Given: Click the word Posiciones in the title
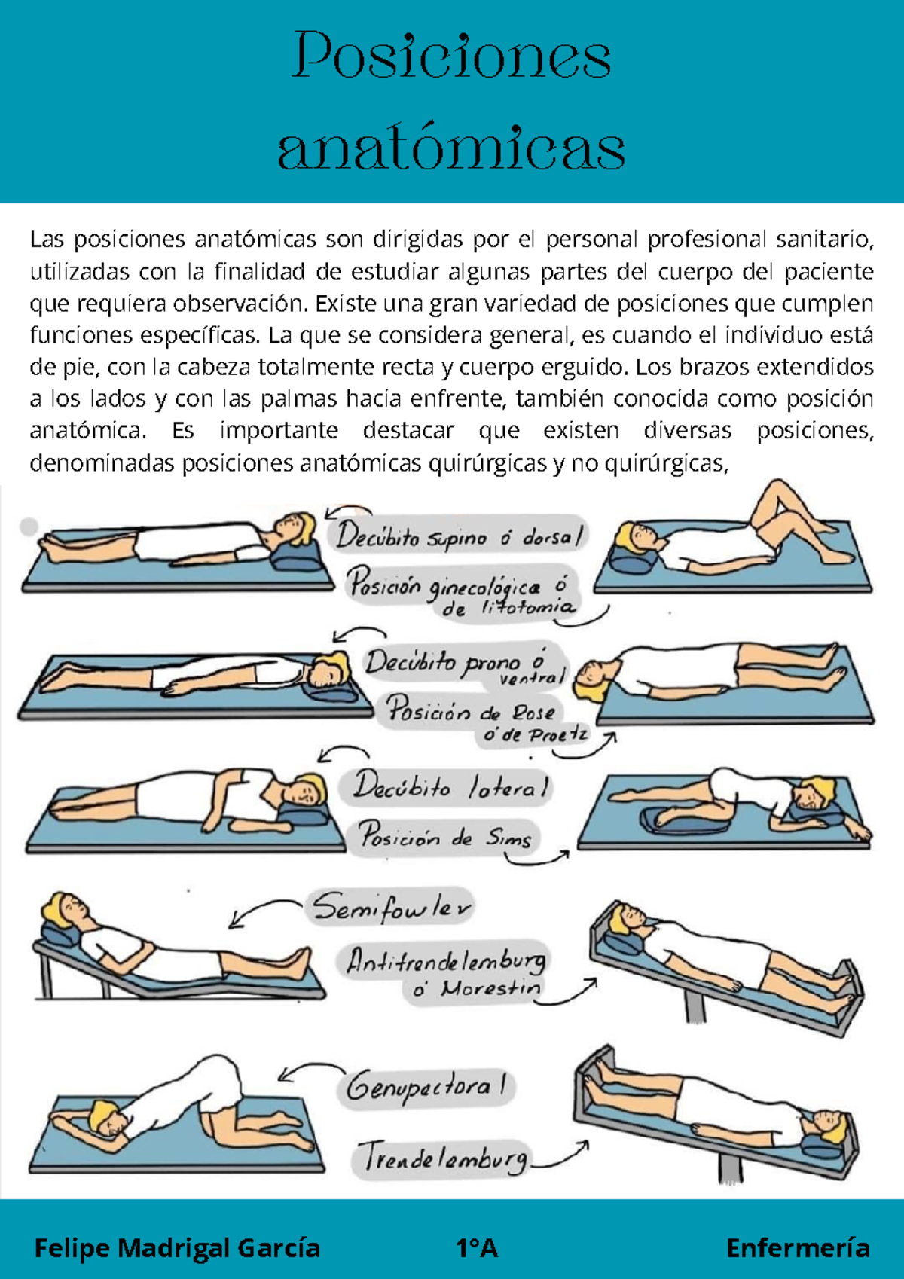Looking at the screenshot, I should (x=451, y=56).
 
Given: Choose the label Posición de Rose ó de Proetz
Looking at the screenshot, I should (x=482, y=719).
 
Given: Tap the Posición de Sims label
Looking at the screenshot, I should (x=444, y=837).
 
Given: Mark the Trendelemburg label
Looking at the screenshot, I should (x=443, y=1158).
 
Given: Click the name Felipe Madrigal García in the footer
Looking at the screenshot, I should (x=177, y=1248).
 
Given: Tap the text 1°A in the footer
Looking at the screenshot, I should (x=477, y=1248).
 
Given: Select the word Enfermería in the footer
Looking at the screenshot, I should (x=798, y=1248).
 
